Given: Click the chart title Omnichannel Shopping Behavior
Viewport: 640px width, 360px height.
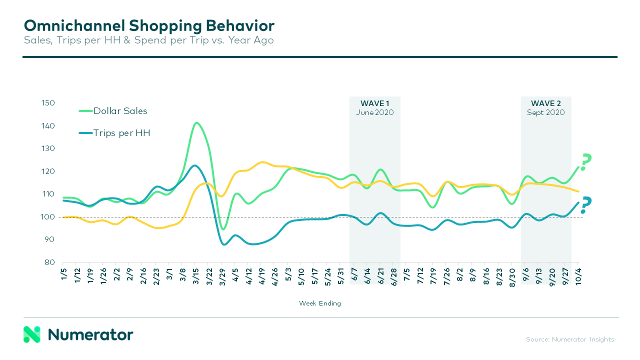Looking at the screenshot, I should coord(149,26).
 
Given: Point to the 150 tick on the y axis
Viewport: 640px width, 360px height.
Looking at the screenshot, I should coord(48,103).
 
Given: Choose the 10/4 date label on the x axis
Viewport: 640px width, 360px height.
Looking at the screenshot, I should coord(578,273).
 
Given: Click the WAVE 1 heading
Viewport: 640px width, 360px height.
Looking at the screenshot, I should coord(375,103).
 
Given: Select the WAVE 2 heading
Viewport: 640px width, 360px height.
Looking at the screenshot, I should coord(545,103).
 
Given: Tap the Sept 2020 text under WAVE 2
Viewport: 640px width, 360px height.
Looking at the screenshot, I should coord(545,112).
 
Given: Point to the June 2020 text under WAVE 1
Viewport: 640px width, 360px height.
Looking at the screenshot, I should coord(375,112).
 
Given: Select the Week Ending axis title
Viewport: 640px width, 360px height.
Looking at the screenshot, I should coord(320,303).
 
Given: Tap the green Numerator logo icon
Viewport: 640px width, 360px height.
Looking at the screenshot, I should coord(31,334).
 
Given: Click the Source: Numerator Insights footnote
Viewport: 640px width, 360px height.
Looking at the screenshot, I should coord(570,339).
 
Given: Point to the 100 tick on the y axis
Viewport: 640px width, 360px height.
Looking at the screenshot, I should coord(48,217).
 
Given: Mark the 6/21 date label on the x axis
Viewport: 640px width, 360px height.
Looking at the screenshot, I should coord(380,273).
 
